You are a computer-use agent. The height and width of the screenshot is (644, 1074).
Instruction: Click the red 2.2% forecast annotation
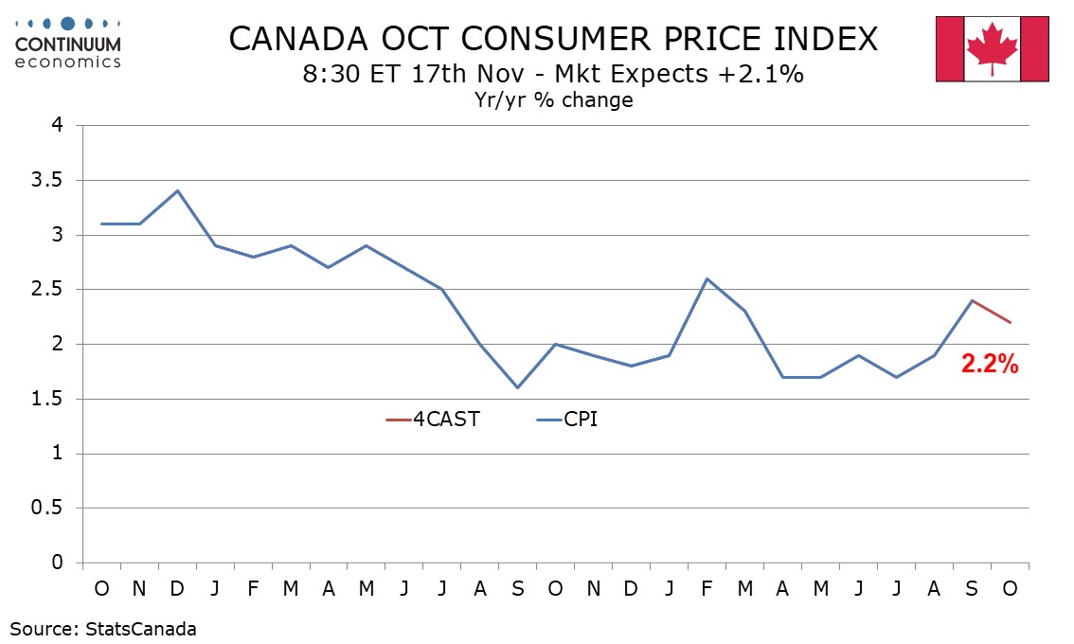click(x=990, y=365)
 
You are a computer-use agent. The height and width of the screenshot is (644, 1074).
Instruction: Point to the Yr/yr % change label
click(x=553, y=99)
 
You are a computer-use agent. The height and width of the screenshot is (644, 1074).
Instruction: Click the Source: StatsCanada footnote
click(x=103, y=628)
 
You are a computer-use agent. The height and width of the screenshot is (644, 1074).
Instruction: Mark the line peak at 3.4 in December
click(x=177, y=190)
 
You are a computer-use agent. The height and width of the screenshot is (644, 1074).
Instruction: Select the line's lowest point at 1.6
click(x=517, y=387)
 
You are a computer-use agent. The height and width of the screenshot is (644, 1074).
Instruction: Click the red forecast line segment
click(x=992, y=312)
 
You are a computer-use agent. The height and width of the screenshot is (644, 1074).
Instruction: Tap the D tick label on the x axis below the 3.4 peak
click(x=177, y=588)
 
